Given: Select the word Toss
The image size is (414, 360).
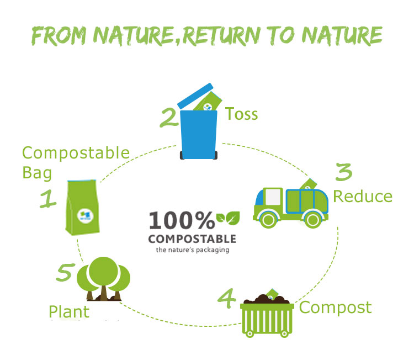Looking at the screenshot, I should pyautogui.click(x=241, y=114).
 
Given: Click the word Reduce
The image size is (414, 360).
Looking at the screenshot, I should pyautogui.click(x=362, y=197).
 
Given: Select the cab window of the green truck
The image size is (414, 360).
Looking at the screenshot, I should pyautogui.click(x=273, y=197).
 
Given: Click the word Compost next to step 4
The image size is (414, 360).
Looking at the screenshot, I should pyautogui.click(x=335, y=307).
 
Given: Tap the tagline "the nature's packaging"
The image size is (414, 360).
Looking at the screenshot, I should pyautogui.click(x=192, y=250).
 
